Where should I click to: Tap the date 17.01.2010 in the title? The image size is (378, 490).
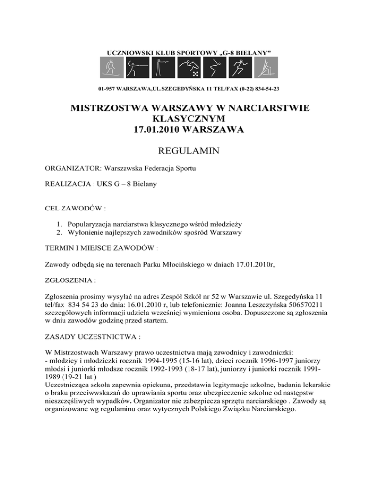[158, 131]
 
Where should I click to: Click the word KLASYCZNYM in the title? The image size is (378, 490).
[189, 120]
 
